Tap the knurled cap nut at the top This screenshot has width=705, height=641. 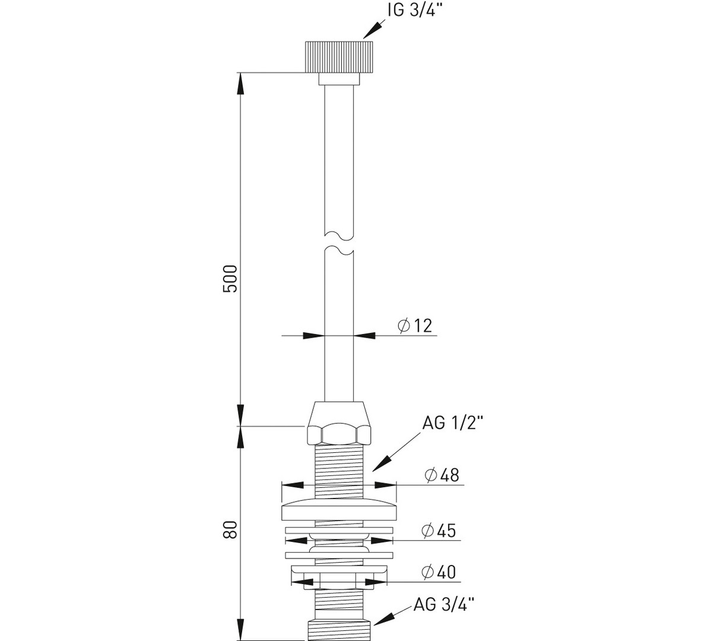point(339,56)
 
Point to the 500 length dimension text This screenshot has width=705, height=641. point(230,278)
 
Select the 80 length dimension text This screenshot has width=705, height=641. point(230,529)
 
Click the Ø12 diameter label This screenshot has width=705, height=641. point(415,325)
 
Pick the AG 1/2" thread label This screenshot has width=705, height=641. point(453,423)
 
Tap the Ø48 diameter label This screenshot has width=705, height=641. point(442,475)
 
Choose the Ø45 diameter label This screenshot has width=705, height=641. point(439,531)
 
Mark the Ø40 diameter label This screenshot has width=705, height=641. point(439,572)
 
